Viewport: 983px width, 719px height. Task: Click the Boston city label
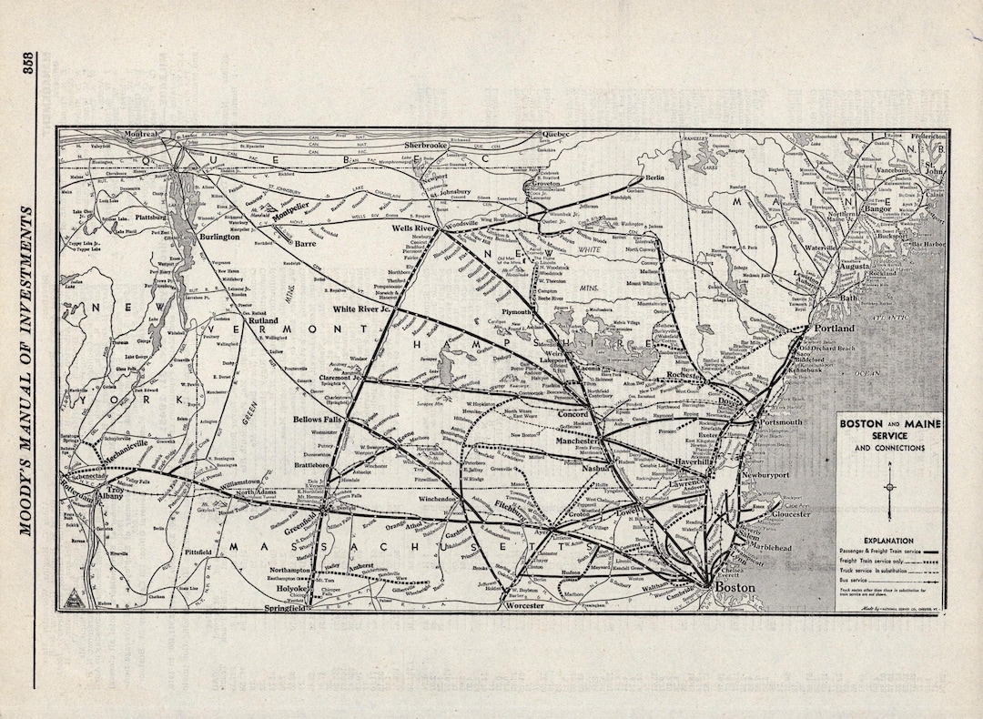(735, 588)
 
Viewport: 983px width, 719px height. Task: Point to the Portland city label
(834, 328)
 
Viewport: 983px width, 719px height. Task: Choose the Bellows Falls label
(315, 420)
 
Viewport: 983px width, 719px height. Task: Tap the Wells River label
(414, 228)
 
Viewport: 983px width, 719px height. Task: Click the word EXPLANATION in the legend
(889, 541)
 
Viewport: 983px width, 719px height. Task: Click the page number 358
(27, 65)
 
